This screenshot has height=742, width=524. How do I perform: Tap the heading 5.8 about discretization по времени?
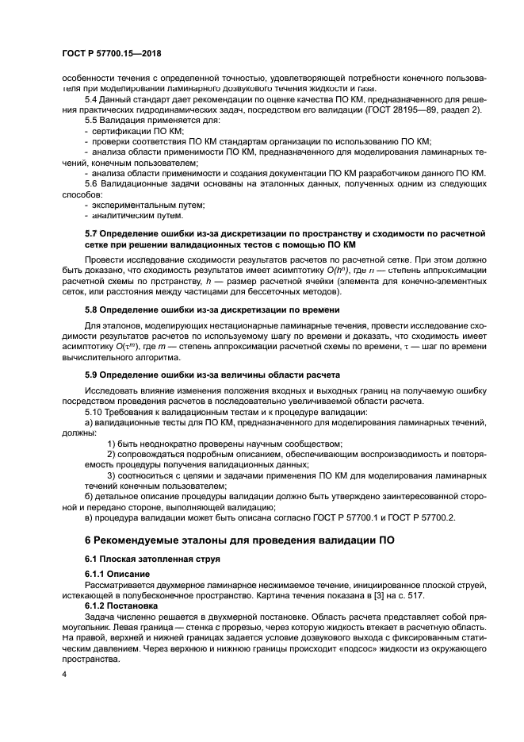(212, 309)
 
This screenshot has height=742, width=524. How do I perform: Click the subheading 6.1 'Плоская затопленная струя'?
(147, 559)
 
